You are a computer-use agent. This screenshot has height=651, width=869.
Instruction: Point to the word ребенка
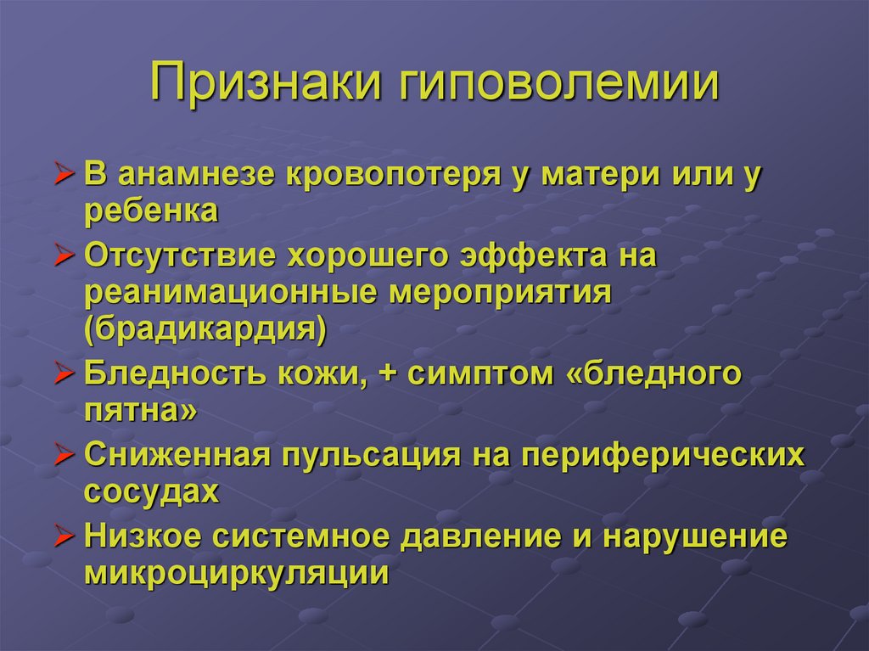152,211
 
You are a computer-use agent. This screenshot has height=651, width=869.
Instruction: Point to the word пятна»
142,411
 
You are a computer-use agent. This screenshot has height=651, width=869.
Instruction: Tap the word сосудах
152,492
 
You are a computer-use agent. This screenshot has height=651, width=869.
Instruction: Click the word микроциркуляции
237,574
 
